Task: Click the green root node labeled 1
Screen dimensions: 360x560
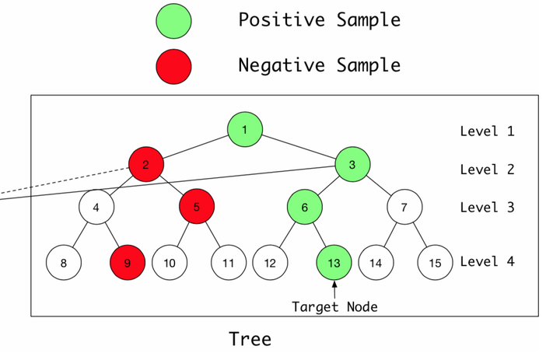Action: pos(245,130)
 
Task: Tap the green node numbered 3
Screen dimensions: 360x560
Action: pos(353,164)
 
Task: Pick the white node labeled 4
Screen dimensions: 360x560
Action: pos(96,208)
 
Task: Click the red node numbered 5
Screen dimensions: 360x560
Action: pos(197,208)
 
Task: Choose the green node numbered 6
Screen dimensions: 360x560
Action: pos(306,208)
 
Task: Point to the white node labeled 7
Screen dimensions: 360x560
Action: pos(403,208)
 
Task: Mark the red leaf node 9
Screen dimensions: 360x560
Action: pos(128,263)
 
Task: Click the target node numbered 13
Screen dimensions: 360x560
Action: pos(334,263)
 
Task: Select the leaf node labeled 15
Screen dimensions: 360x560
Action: pos(435,263)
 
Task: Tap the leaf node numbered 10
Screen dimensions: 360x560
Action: pos(170,263)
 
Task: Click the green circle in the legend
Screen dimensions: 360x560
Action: pos(173,21)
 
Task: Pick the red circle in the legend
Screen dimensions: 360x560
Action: pos(173,65)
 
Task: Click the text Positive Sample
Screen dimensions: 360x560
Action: pos(319,20)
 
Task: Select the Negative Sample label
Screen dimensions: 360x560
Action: pos(319,65)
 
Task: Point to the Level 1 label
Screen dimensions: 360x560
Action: pos(487,131)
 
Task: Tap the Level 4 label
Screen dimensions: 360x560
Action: pos(487,262)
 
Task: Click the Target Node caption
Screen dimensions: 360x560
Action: pos(334,306)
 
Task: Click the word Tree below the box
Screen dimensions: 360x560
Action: pos(250,339)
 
